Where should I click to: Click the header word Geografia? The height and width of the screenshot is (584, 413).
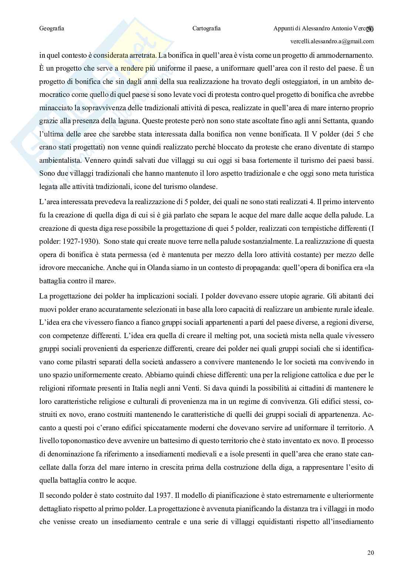tap(51, 28)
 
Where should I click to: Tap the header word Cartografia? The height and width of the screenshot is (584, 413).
tap(206, 28)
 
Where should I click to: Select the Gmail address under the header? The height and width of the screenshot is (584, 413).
tap(337, 41)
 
